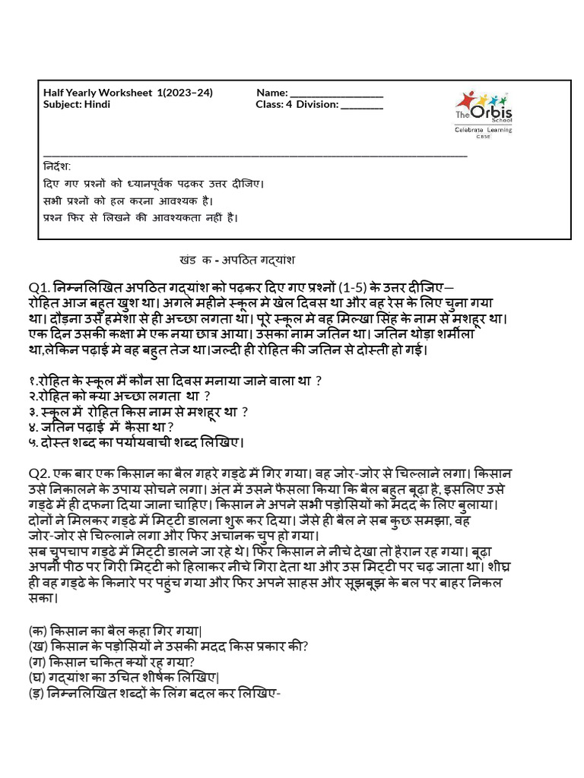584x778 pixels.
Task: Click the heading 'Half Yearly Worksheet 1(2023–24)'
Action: pyautogui.click(x=128, y=93)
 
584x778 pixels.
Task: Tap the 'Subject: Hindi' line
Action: pyautogui.click(x=77, y=104)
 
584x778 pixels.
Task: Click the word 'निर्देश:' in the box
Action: pyautogui.click(x=57, y=166)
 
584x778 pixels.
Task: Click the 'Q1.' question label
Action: pyautogui.click(x=40, y=287)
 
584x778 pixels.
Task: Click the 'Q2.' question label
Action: pyautogui.click(x=40, y=473)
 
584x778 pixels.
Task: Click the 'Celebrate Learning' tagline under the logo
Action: pyautogui.click(x=483, y=130)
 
